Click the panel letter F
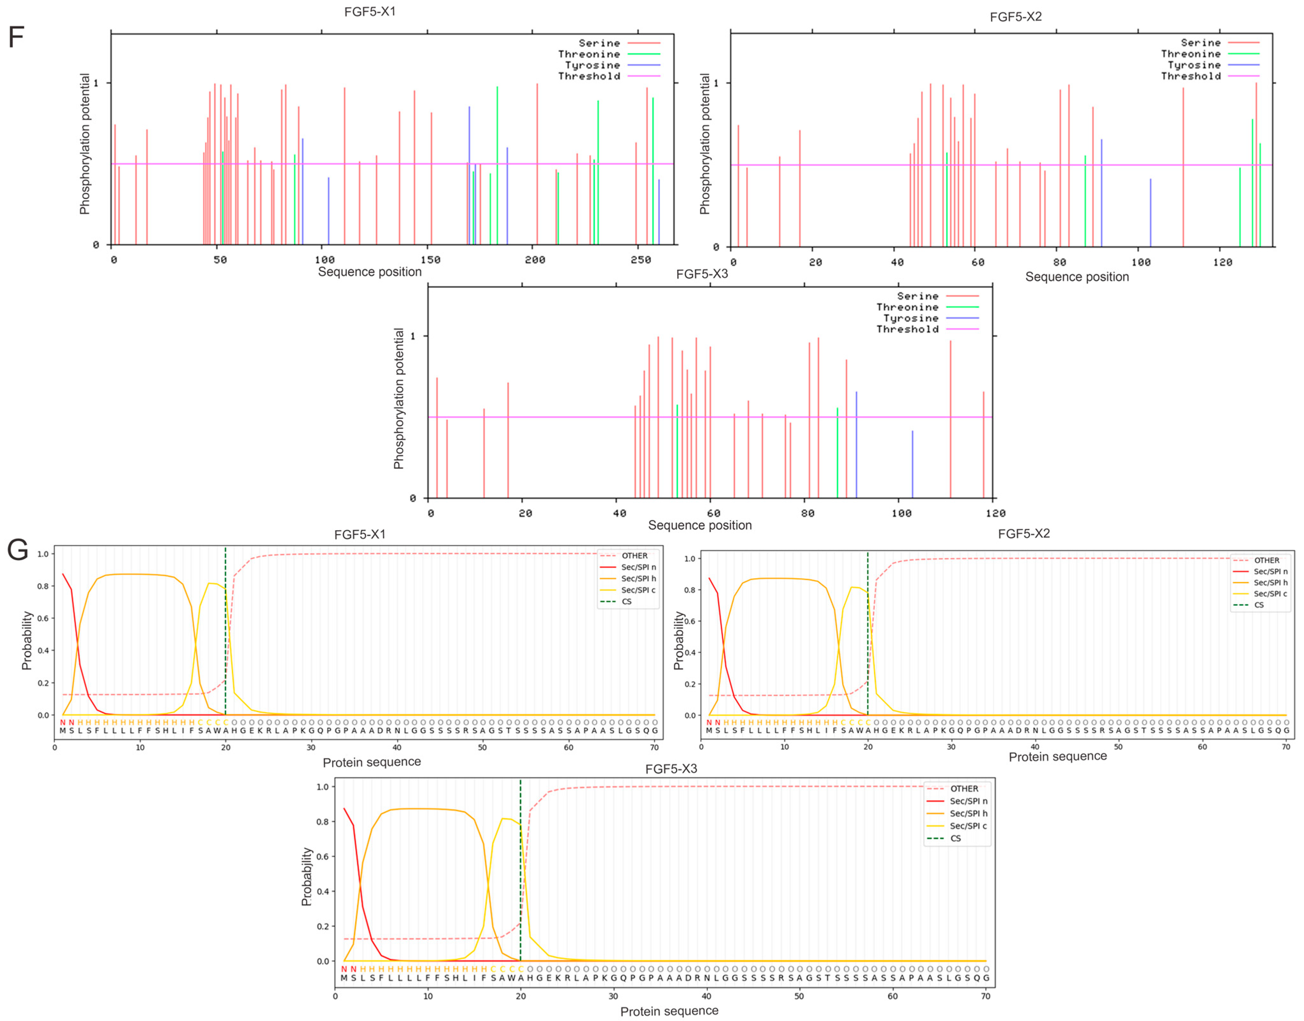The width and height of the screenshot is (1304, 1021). (16, 37)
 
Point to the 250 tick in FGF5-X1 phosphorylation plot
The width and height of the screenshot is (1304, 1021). (640, 259)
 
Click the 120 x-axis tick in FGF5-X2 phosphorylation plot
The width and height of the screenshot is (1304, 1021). (1222, 262)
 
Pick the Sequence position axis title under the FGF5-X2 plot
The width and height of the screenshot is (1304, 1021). (1077, 277)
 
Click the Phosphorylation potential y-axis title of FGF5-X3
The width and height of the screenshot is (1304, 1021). (399, 399)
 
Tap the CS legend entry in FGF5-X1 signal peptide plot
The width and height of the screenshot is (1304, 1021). (626, 601)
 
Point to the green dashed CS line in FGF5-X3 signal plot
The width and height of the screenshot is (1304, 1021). (520, 867)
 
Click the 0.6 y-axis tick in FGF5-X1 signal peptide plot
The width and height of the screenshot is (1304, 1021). (43, 618)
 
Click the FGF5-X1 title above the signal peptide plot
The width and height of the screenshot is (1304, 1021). (360, 534)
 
